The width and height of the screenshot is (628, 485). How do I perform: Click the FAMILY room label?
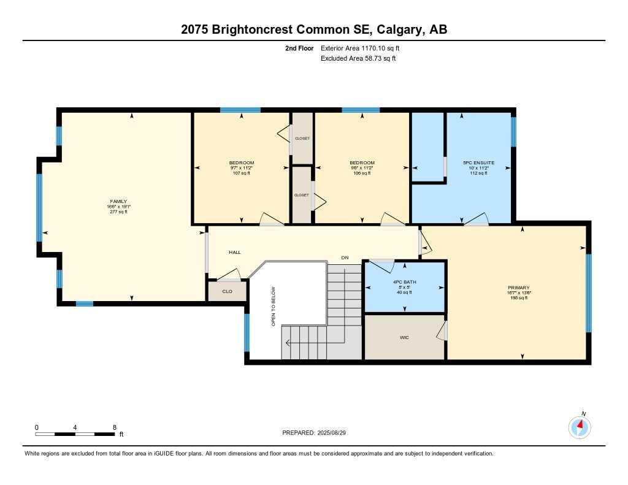coord(118,201)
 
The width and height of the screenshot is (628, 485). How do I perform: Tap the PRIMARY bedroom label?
coord(519,288)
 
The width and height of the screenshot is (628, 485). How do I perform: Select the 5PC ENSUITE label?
coord(478,163)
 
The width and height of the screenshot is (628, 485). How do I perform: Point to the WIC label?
coord(404,337)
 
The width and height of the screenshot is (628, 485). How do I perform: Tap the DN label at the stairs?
coord(345,258)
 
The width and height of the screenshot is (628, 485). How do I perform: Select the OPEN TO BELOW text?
coord(274,307)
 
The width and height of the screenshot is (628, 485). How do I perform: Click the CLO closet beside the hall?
coord(227,291)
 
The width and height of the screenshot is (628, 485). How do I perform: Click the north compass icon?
coord(579,426)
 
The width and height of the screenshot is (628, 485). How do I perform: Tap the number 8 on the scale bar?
coord(115,427)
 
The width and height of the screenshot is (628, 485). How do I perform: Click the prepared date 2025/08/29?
coord(339,433)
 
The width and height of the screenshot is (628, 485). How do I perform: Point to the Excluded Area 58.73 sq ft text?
coord(358,59)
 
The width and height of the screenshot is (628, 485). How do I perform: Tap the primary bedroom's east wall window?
coord(589,292)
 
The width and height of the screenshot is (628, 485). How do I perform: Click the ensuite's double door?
coord(476,221)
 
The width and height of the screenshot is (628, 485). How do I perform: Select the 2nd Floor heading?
coord(299,48)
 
